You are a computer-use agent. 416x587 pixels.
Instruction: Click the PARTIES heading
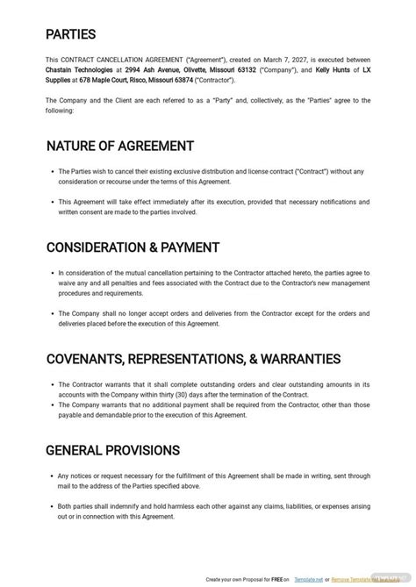tap(73, 36)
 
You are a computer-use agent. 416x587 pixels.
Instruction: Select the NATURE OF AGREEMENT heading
tap(119, 146)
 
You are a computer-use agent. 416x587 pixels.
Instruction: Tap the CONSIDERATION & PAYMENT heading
tap(133, 247)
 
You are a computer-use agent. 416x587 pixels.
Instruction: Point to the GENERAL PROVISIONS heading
tap(112, 450)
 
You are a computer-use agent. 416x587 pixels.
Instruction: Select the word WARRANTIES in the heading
tap(297, 358)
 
